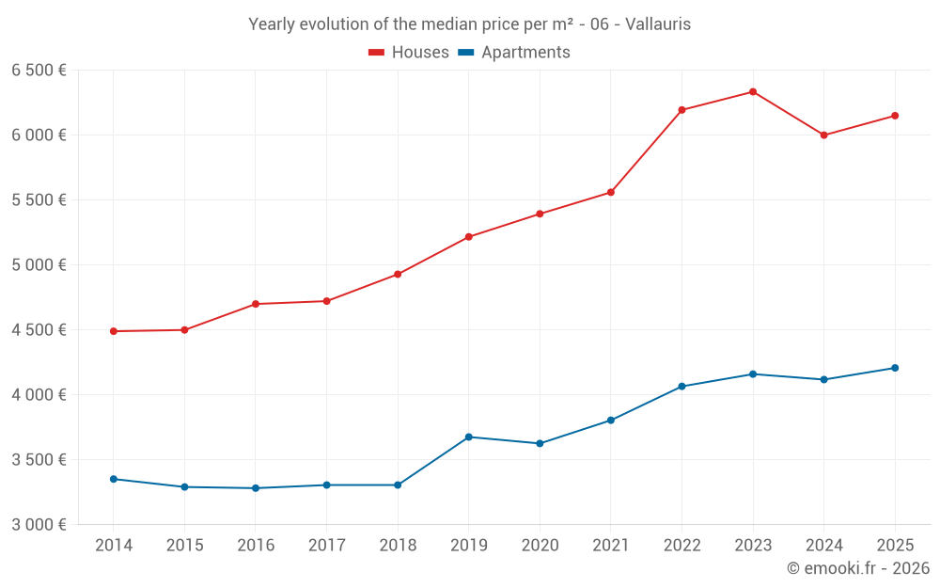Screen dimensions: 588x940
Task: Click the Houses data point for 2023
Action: [753, 91]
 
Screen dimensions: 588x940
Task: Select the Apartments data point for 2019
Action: [468, 437]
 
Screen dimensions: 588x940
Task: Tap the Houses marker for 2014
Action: [113, 331]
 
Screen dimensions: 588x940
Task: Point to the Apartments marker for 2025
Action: [895, 368]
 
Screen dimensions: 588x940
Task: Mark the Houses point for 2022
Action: [681, 110]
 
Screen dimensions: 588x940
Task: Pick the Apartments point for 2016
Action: [255, 488]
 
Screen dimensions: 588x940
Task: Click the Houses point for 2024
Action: [823, 135]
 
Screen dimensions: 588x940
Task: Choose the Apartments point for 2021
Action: [610, 421]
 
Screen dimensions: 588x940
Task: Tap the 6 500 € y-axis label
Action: [39, 71]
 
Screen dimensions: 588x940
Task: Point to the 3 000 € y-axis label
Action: [39, 524]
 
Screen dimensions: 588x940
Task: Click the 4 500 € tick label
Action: [39, 329]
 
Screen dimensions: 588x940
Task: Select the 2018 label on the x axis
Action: [397, 546]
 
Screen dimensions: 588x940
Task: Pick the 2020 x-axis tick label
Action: [540, 546]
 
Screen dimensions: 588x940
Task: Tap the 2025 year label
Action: [895, 546]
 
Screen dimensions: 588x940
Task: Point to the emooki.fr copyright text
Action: [857, 568]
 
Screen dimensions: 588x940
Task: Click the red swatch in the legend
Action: [377, 53]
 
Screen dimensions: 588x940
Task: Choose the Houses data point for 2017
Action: [326, 301]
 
